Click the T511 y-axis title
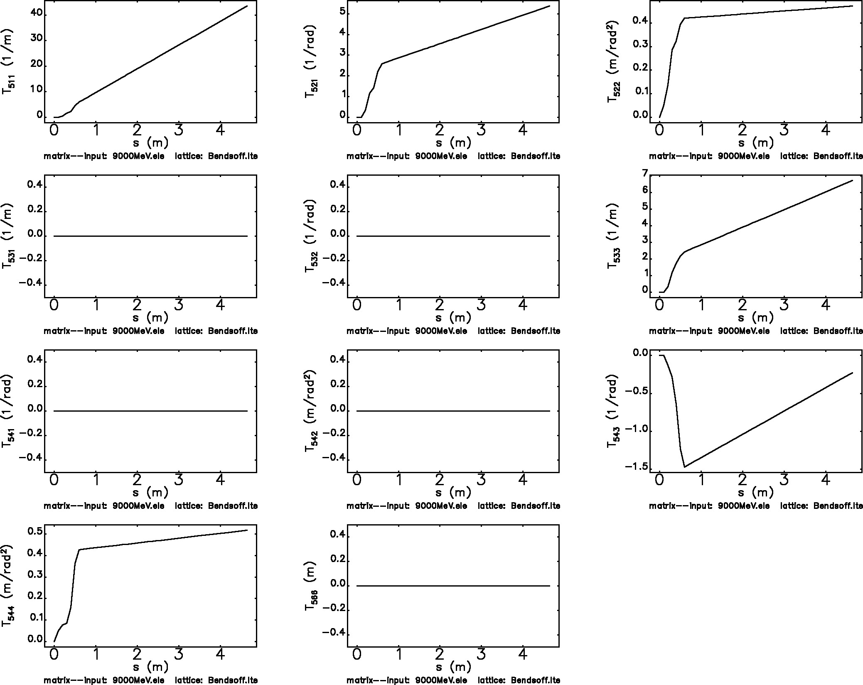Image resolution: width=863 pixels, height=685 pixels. (8, 62)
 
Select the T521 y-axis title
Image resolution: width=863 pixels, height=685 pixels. (310, 62)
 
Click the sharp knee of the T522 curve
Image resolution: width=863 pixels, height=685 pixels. (684, 18)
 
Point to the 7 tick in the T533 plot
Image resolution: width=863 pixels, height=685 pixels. (645, 173)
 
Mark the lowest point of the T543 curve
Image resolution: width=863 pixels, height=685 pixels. (684, 467)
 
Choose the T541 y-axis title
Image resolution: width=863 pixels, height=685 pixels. (8, 411)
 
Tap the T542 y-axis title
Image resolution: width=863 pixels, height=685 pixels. (310, 411)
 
